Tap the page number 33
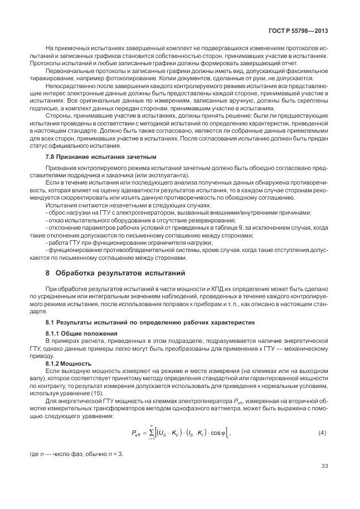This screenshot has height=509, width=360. (325, 467)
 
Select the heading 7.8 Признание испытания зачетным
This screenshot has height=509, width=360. (101, 157)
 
